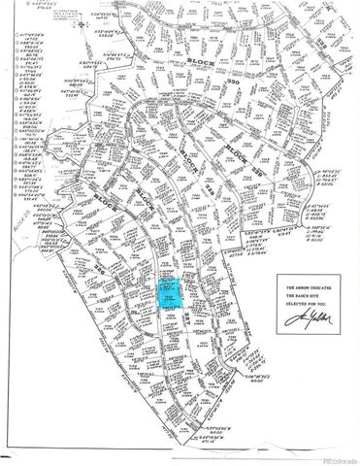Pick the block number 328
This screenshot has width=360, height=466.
[183, 194]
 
